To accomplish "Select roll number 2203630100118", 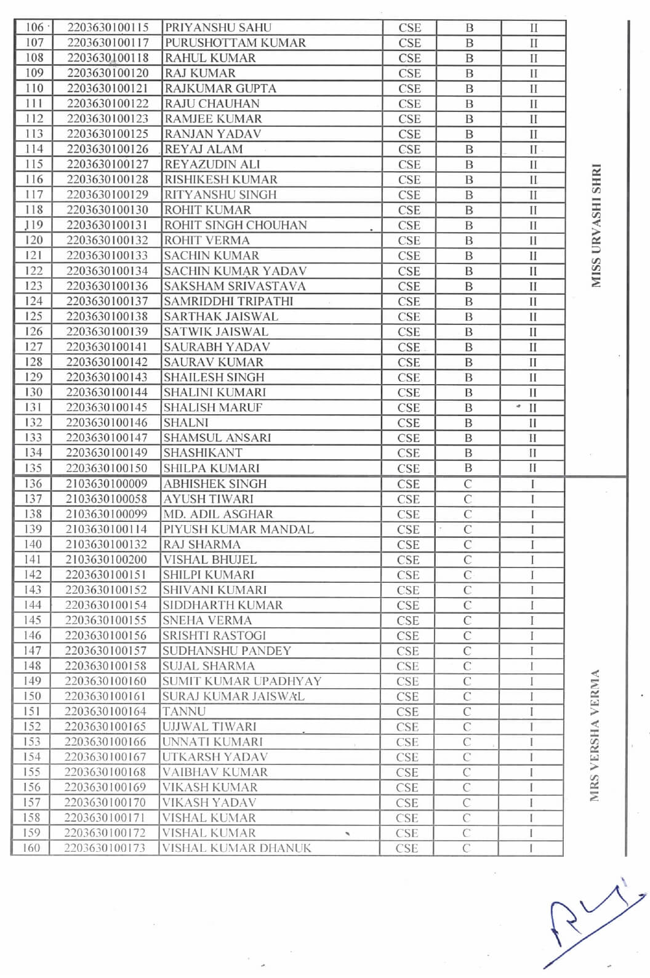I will (108, 58).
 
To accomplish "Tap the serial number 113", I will (34, 134).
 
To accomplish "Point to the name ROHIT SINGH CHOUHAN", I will (235, 225).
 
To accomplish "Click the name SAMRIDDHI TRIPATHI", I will (228, 302).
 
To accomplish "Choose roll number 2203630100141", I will (107, 347).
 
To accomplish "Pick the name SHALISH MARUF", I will (212, 407).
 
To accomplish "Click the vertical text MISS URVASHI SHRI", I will (595, 225).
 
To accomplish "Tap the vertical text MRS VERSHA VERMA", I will (594, 736).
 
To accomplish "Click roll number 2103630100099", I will (106, 514).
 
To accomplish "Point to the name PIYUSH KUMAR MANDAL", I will (238, 529).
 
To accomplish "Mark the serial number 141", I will (33, 559).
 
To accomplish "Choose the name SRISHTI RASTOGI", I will (214, 635).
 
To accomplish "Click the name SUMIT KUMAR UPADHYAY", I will (241, 681).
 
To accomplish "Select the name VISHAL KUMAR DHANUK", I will (236, 848).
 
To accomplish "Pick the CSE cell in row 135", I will (409, 468).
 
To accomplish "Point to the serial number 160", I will (31, 848).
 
